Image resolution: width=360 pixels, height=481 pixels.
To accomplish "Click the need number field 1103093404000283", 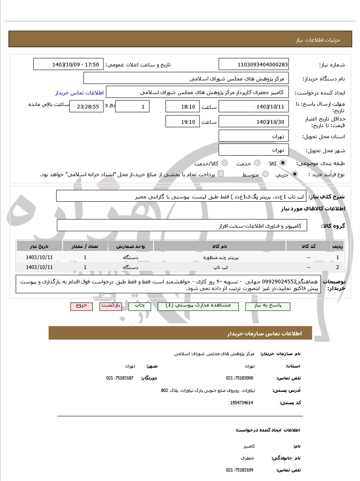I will [x=253, y=64].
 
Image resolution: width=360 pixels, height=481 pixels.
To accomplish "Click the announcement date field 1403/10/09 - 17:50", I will [x=69, y=64].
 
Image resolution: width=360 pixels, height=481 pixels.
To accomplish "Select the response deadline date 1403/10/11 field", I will [x=253, y=106].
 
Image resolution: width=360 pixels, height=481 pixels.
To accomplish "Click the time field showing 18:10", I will [x=182, y=106].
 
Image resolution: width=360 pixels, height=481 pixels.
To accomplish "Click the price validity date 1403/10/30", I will [x=253, y=122].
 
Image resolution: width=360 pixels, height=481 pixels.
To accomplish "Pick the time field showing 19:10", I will [x=182, y=122].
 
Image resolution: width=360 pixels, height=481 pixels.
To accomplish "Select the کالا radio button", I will [x=283, y=163].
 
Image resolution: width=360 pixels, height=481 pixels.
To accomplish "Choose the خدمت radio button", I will [x=257, y=163].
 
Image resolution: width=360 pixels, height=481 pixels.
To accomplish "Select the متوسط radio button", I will [x=265, y=174].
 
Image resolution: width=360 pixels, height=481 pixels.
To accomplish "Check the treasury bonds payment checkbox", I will [x=221, y=174].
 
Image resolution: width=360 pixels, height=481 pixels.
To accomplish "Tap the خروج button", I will [x=81, y=306].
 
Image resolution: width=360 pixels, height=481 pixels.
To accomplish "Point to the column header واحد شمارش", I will [x=130, y=246].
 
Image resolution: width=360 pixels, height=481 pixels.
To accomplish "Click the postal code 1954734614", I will [x=242, y=403].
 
